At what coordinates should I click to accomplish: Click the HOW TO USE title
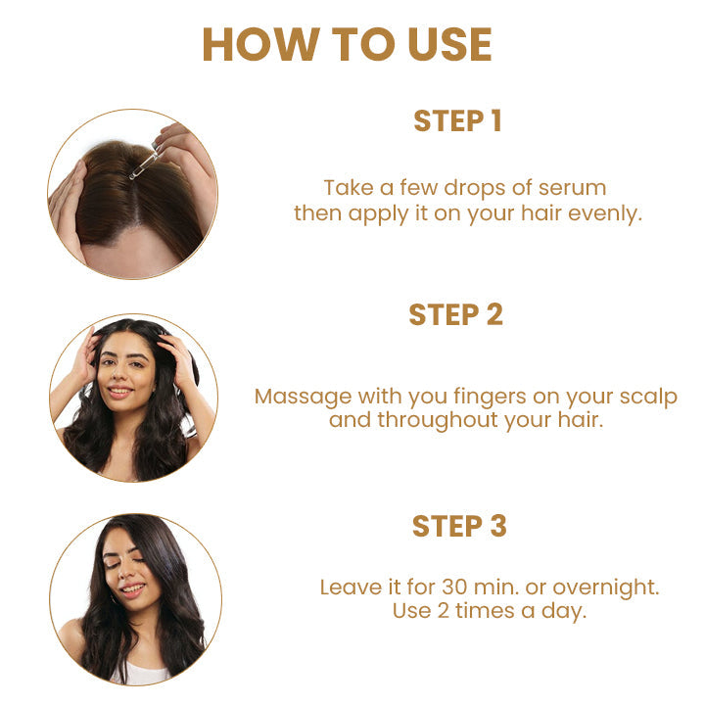pos(347,45)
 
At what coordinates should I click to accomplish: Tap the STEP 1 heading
pos(457,121)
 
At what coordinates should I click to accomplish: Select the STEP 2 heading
pos(455,314)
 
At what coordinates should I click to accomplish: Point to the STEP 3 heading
pos(459,526)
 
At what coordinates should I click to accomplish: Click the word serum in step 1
pos(573,187)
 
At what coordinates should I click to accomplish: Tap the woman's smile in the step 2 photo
pos(120,392)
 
